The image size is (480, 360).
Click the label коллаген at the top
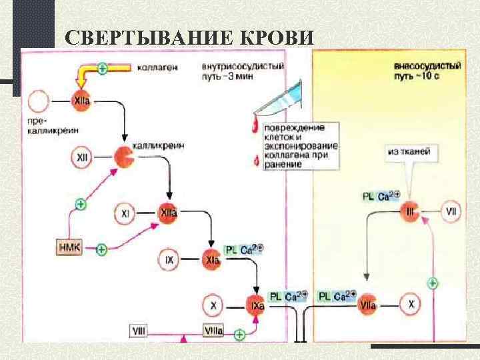pyautogui.click(x=159, y=67)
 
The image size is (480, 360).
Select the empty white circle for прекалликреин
pyautogui.click(x=38, y=101)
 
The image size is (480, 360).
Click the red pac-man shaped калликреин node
pyautogui.click(x=123, y=157)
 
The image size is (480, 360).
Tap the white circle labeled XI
pyautogui.click(x=125, y=213)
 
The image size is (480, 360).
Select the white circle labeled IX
pyautogui.click(x=169, y=260)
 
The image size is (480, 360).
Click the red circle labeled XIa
pyautogui.click(x=212, y=260)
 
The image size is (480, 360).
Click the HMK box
pyautogui.click(x=69, y=248)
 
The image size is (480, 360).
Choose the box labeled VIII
pyautogui.click(x=139, y=330)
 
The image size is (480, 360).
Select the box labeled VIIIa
pyautogui.click(x=213, y=330)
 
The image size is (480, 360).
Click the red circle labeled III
pyautogui.click(x=409, y=212)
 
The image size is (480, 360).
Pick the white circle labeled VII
pyautogui.click(x=451, y=212)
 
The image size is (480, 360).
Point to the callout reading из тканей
pyautogui.click(x=409, y=152)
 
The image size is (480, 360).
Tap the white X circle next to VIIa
pyautogui.click(x=411, y=305)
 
